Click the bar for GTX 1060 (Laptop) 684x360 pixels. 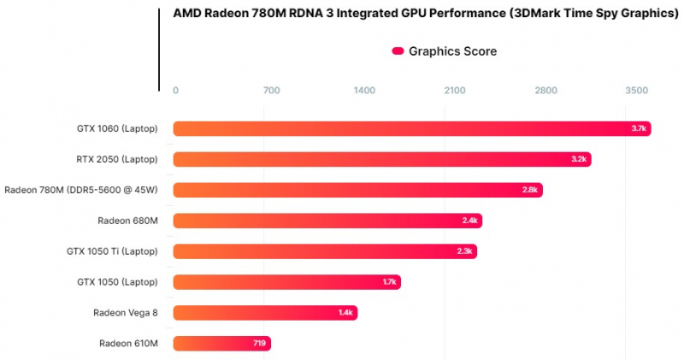coord(410,128)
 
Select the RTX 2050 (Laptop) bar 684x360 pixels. coord(381,159)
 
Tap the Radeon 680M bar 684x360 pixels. coord(327,221)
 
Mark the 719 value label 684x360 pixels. coord(258,344)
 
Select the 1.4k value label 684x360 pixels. coord(345,313)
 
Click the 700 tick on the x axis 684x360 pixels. coord(272,91)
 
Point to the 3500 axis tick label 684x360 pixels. coord(637,91)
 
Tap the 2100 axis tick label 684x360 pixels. coord(455,91)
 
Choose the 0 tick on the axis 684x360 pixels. coord(175,91)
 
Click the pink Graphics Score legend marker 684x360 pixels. coord(398,51)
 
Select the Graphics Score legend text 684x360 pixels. coord(452,51)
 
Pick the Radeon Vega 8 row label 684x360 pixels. coord(126,313)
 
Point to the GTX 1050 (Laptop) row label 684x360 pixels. coord(118,282)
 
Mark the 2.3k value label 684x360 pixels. coord(465,251)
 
